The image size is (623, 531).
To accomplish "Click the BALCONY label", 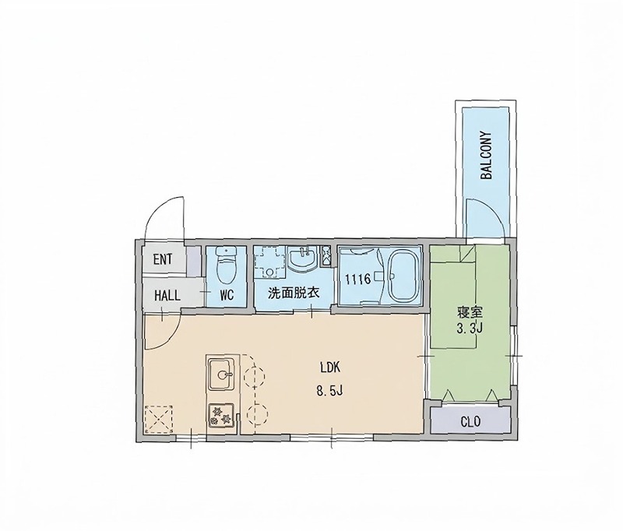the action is pos(486,156).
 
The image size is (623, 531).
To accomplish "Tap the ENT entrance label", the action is pos(163,260).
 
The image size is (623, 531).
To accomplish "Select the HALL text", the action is pos(167,295).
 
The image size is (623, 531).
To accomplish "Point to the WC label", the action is pos(227,295).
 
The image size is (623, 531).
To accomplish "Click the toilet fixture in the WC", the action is pos(225,264).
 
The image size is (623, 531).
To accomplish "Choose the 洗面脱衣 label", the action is pos(294,293).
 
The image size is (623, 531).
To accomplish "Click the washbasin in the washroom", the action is pos(303,258).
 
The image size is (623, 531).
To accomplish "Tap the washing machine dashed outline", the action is pos(270,262).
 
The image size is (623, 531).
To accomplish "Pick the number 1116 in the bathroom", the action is pos(357,280).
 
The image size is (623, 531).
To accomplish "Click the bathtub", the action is pos(403,277).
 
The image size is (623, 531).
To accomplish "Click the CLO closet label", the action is pos(470,421).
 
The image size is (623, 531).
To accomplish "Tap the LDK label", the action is pos(329,367).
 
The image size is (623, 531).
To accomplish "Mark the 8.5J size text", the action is pos(329,392).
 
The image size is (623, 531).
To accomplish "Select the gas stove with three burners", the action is pos(221,415).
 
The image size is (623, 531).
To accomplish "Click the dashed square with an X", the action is pos(159,419).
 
